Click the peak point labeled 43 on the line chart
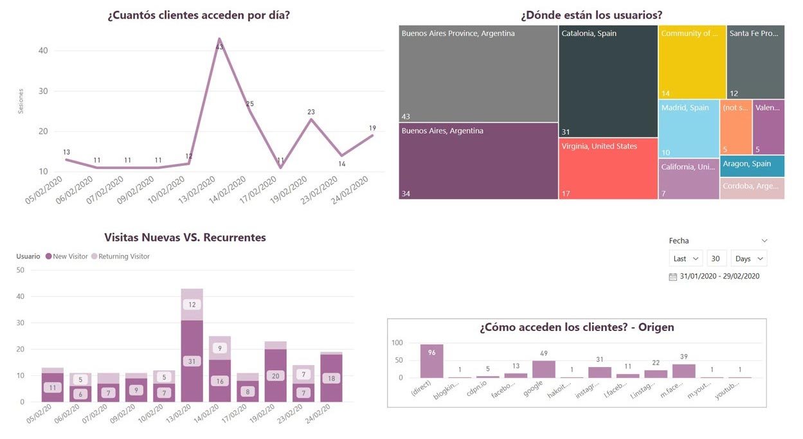[x=219, y=39]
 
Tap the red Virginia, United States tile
[x=608, y=168]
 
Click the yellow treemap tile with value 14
[x=692, y=62]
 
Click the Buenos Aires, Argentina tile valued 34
[x=478, y=161]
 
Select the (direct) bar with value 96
[x=431, y=361]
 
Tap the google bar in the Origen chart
[x=543, y=369]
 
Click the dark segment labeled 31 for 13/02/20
[x=192, y=361]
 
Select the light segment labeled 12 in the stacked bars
[x=192, y=305]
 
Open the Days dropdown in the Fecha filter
[x=749, y=258]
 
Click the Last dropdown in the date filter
[x=686, y=258]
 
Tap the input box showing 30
[x=717, y=258]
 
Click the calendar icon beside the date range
[x=673, y=276]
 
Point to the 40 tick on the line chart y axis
[x=42, y=51]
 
